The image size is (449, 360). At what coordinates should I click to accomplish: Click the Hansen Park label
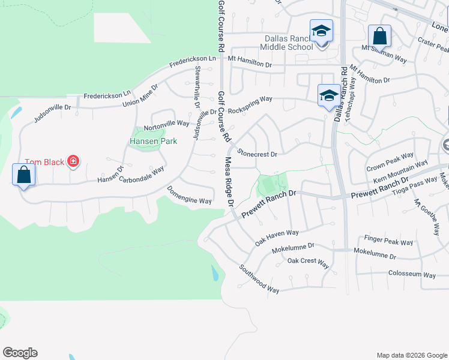pos(154,142)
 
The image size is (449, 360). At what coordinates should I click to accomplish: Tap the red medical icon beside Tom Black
pos(73,161)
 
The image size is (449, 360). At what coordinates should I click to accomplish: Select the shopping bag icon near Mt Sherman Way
pos(380,36)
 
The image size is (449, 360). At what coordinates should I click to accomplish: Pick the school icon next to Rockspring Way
pos(328,95)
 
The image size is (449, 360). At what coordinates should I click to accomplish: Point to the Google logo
pos(20,353)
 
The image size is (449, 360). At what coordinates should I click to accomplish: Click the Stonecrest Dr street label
pos(257,154)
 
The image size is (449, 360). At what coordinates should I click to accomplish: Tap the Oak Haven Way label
pos(277,237)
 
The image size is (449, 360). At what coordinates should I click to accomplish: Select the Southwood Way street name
pos(259,279)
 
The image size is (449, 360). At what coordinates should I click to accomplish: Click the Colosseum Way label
pos(412,275)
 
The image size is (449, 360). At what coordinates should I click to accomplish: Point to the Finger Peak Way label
pos(389,242)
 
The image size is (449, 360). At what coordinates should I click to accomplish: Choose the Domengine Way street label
pos(189,197)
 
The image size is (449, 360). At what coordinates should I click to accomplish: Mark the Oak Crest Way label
pos(308,262)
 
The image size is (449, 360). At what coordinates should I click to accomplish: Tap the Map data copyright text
pos(411,355)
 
